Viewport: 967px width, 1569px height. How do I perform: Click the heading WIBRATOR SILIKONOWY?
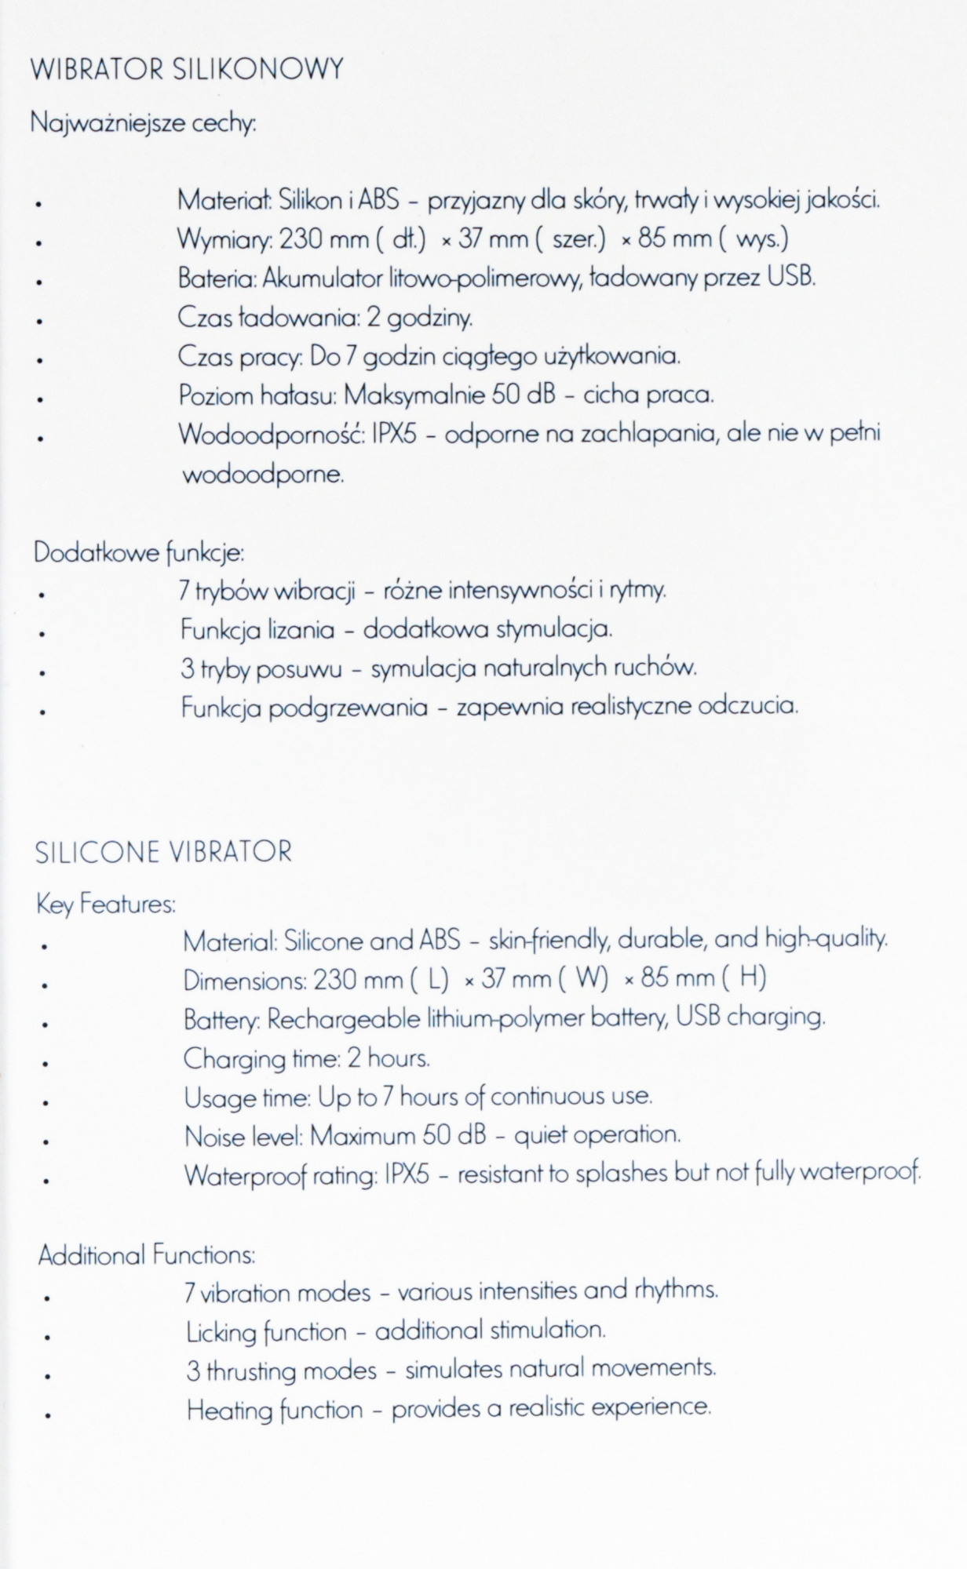point(187,70)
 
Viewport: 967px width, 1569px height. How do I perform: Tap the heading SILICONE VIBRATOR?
point(163,852)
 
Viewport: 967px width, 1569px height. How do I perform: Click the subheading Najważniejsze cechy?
point(144,124)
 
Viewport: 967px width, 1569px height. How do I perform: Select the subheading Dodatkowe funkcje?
point(139,553)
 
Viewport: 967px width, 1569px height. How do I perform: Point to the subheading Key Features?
point(106,905)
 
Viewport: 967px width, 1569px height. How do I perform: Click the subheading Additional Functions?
point(147,1255)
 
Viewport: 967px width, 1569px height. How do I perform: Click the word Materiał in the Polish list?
point(224,200)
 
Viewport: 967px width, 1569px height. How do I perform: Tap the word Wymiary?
point(224,239)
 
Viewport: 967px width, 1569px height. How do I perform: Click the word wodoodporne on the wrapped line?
point(263,475)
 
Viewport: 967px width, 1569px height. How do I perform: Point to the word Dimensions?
point(244,980)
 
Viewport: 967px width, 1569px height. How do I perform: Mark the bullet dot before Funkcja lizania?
point(38,633)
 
